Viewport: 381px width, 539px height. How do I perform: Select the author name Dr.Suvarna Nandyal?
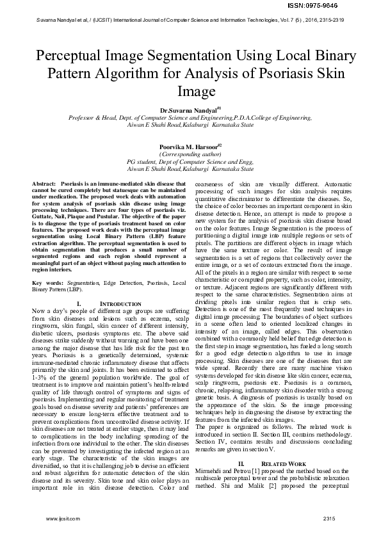click(x=189, y=110)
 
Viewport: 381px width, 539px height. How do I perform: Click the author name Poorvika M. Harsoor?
click(x=189, y=147)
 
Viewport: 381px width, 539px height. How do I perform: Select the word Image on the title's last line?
click(x=190, y=91)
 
